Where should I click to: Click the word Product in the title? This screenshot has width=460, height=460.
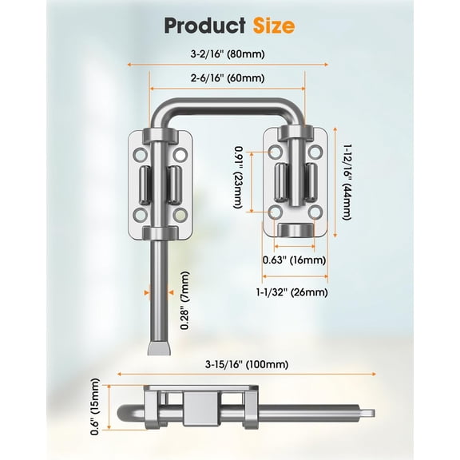click(x=204, y=26)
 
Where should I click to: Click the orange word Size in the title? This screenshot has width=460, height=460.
click(x=274, y=26)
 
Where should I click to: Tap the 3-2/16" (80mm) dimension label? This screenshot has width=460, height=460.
click(x=228, y=54)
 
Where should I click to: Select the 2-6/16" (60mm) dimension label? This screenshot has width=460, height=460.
click(x=228, y=78)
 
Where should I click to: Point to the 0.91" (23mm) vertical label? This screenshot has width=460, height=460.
click(x=238, y=178)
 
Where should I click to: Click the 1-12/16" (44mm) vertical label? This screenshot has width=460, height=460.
click(x=347, y=182)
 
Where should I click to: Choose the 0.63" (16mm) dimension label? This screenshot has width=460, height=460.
click(x=294, y=260)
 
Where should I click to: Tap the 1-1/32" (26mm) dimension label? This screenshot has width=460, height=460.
click(x=292, y=292)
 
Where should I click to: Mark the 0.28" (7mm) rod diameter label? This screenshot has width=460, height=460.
click(x=184, y=300)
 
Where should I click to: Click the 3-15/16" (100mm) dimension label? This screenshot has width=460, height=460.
click(x=247, y=364)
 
